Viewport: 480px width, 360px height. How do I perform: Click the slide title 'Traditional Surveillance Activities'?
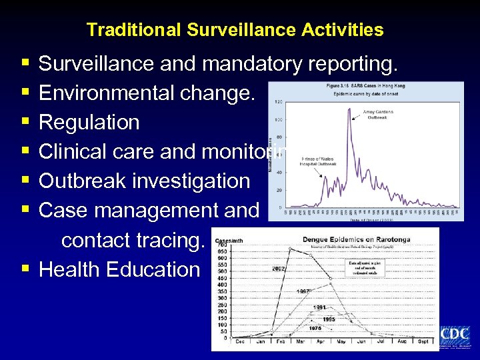pos(235,30)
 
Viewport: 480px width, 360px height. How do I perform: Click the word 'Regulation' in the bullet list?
pos(89,123)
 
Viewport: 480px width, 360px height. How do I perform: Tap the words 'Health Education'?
pos(119,269)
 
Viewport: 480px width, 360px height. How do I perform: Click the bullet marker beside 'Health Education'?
pos(25,269)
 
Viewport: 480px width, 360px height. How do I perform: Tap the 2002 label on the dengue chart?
pos(279,269)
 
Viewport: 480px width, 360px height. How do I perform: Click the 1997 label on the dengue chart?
pos(304,291)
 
